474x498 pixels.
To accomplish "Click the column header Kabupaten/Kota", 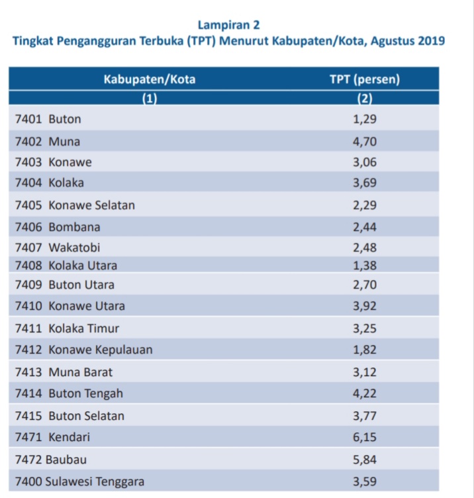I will [150, 80].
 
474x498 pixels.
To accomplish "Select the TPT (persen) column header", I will [364, 80].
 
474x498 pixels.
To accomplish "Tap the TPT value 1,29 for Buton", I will [365, 120].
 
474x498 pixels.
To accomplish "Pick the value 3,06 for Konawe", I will [365, 162].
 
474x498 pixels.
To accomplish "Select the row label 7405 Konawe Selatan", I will [74, 205].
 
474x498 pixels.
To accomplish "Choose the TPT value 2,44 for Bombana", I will [365, 227].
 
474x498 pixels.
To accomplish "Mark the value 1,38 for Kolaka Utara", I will [365, 266].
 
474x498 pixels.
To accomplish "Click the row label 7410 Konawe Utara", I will [70, 306].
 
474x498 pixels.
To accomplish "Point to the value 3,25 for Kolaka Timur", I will [365, 328].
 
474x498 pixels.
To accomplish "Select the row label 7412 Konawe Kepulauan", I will [83, 350].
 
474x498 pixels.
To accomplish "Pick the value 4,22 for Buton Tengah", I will [365, 393].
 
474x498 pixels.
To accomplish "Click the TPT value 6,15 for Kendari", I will [365, 437].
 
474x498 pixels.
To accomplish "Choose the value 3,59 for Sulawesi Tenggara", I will [365, 481].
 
